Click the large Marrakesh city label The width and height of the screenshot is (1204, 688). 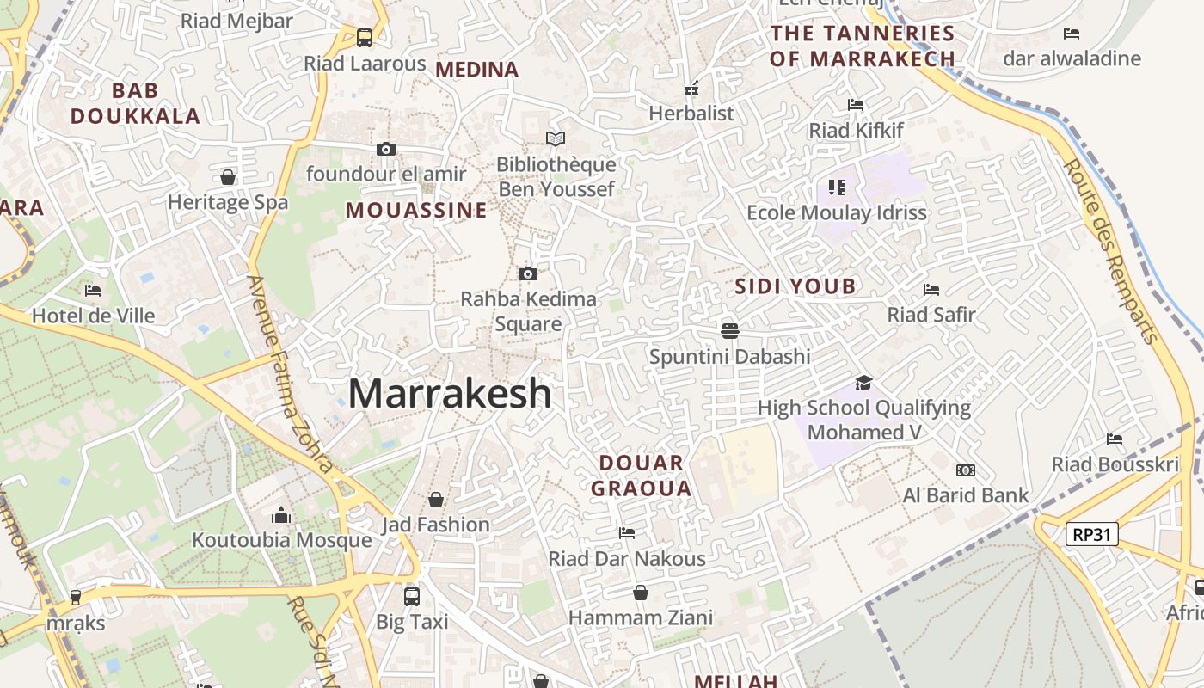click(x=450, y=394)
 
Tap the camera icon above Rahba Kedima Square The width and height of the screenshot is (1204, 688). click(x=528, y=274)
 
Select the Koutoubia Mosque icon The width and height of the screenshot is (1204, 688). click(x=281, y=515)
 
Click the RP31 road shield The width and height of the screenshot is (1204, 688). click(x=1092, y=534)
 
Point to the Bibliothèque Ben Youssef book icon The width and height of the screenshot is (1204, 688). click(x=556, y=138)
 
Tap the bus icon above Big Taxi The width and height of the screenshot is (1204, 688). click(x=412, y=596)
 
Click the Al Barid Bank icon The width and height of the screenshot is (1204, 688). click(x=966, y=470)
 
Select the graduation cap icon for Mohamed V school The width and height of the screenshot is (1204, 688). click(x=863, y=383)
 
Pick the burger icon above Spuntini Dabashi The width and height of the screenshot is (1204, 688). click(x=730, y=330)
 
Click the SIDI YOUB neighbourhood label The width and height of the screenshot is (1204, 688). click(x=795, y=286)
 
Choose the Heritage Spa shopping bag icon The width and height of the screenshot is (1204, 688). click(x=228, y=177)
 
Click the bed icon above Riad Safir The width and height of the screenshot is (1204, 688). click(x=931, y=290)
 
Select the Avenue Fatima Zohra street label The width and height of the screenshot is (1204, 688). click(x=290, y=374)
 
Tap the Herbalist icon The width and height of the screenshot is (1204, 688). click(x=691, y=89)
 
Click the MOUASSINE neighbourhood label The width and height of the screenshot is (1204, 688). click(x=416, y=210)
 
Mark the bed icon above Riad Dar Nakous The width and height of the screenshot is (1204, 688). click(x=627, y=533)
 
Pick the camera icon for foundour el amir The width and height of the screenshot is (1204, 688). click(x=386, y=149)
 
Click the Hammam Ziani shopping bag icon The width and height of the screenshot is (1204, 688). click(x=641, y=593)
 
